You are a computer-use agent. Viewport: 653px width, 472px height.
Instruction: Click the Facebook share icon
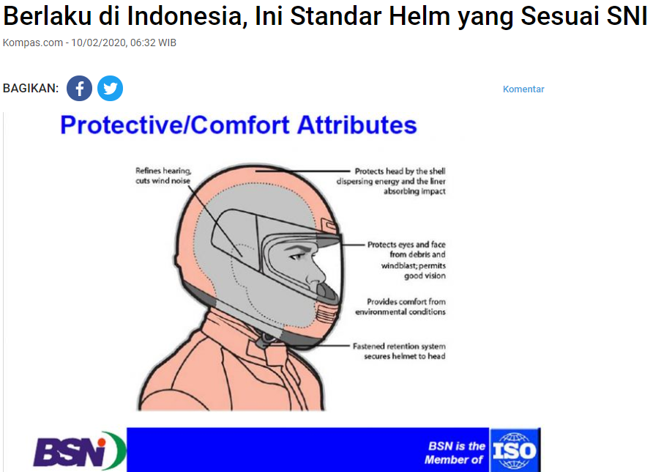[x=79, y=89]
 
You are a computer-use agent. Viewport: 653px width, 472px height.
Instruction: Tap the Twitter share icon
[x=110, y=89]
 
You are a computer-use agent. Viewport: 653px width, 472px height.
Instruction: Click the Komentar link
[x=523, y=89]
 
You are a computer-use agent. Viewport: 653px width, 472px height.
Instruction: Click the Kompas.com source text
[x=32, y=43]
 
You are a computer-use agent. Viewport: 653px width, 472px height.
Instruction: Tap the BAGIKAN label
[x=31, y=89]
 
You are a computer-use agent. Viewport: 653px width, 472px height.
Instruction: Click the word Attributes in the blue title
[x=357, y=125]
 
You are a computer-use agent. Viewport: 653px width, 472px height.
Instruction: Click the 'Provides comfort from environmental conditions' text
[x=400, y=306]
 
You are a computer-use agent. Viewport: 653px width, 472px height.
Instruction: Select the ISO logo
[x=514, y=450]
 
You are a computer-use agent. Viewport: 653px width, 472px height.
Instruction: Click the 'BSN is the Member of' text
[x=455, y=452]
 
